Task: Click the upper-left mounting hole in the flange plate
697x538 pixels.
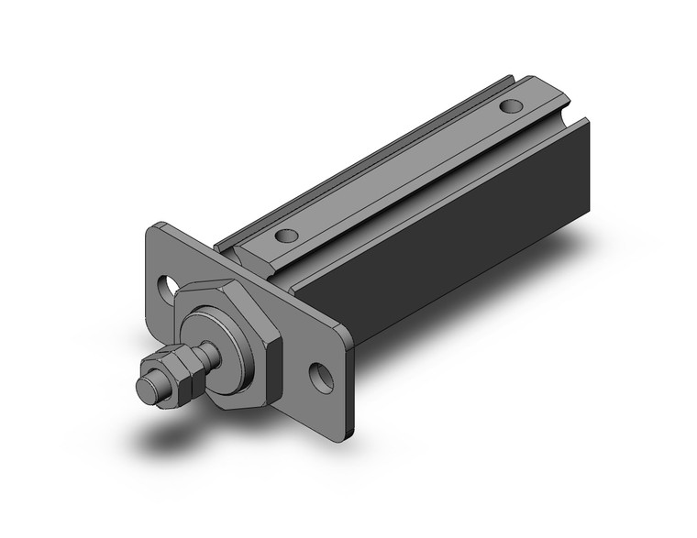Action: tap(170, 287)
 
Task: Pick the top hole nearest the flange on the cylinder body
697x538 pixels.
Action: tap(287, 235)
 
